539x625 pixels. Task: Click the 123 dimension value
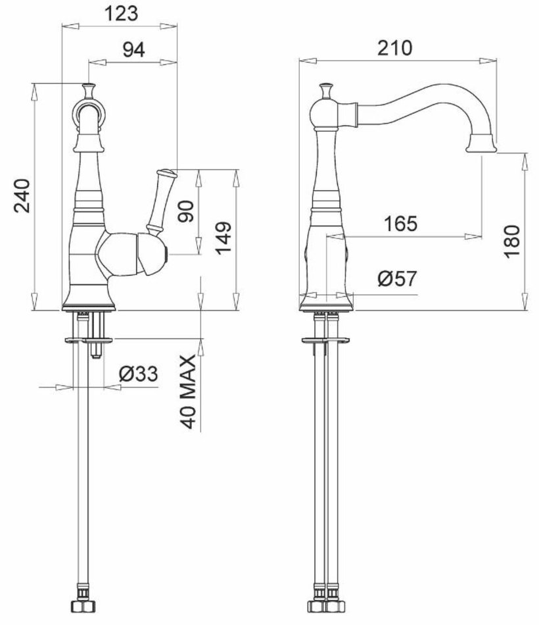click(121, 14)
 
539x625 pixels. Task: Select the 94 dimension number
click(133, 50)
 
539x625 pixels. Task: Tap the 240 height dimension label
click(22, 196)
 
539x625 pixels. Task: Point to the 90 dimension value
click(185, 211)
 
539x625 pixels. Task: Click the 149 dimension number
click(223, 238)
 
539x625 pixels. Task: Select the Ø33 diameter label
click(138, 374)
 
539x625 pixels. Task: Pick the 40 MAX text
click(188, 392)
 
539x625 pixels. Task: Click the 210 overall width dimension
click(395, 48)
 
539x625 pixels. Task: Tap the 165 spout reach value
click(400, 224)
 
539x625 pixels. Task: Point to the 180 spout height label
click(512, 241)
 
